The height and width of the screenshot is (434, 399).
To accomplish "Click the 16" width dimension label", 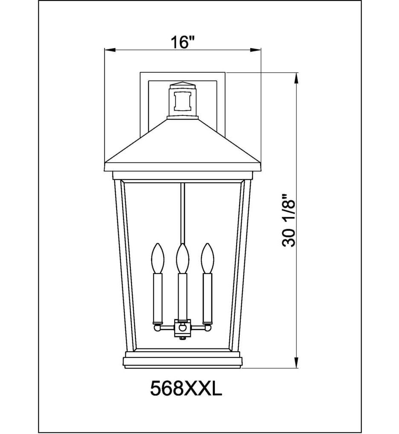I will coord(183,42).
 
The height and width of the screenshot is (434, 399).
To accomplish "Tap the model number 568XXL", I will coord(186,389).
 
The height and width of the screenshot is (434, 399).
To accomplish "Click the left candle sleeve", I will coord(157,298).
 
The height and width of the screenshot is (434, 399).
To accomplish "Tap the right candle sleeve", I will coord(208,298).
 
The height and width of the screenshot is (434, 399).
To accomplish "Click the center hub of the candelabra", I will coord(183,328).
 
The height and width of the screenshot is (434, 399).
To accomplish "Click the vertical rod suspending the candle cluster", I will coord(183,214).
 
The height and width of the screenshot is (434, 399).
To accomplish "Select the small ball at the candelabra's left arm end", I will coord(157,328).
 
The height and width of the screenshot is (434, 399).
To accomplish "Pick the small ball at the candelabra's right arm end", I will coord(208,328).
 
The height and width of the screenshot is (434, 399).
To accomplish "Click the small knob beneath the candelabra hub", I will coord(183,338).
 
